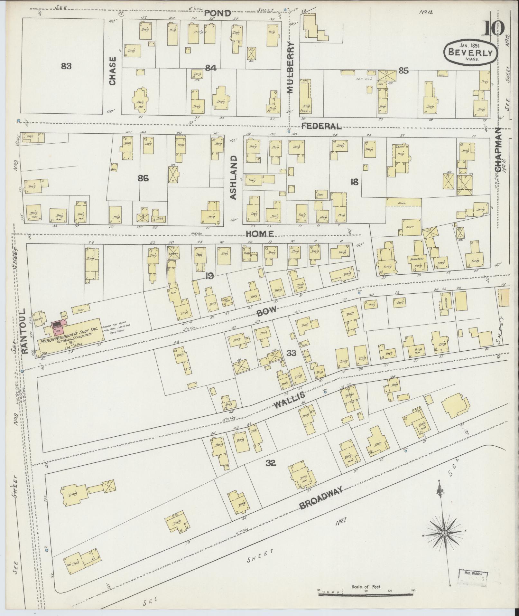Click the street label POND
pyautogui.click(x=218, y=13)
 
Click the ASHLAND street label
pyautogui.click(x=234, y=177)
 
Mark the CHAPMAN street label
pyautogui.click(x=498, y=150)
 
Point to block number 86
pyautogui.click(x=143, y=178)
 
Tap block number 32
pyautogui.click(x=271, y=463)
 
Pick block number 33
pyautogui.click(x=291, y=353)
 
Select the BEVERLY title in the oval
pyautogui.click(x=470, y=52)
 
